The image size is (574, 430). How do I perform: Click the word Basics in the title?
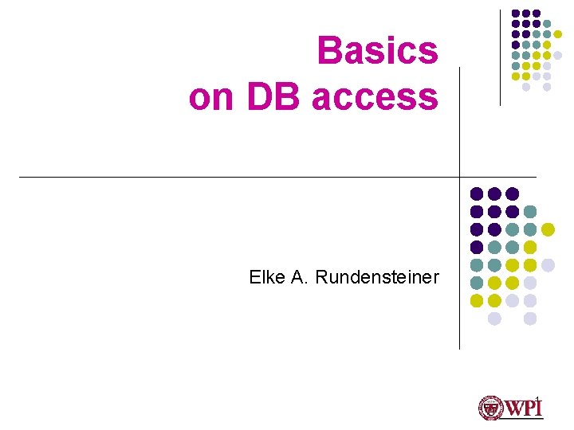click(x=377, y=51)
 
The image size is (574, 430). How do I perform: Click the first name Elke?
click(x=265, y=277)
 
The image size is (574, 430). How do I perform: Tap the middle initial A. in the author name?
click(x=300, y=277)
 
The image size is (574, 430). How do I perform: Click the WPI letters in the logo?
click(x=522, y=408)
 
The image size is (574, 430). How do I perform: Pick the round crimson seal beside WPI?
click(x=489, y=408)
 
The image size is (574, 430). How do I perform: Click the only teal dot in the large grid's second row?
click(x=530, y=212)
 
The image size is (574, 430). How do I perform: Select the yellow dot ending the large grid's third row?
click(x=548, y=229)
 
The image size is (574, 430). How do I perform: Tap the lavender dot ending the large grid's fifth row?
click(x=548, y=265)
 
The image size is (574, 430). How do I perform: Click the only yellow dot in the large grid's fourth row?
click(x=530, y=248)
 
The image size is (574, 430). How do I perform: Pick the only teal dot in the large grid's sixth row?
click(x=477, y=283)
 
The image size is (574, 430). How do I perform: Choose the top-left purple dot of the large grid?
click(x=477, y=193)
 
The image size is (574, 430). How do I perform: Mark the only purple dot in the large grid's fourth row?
click(x=477, y=248)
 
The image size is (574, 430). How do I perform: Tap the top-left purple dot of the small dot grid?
click(x=516, y=14)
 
